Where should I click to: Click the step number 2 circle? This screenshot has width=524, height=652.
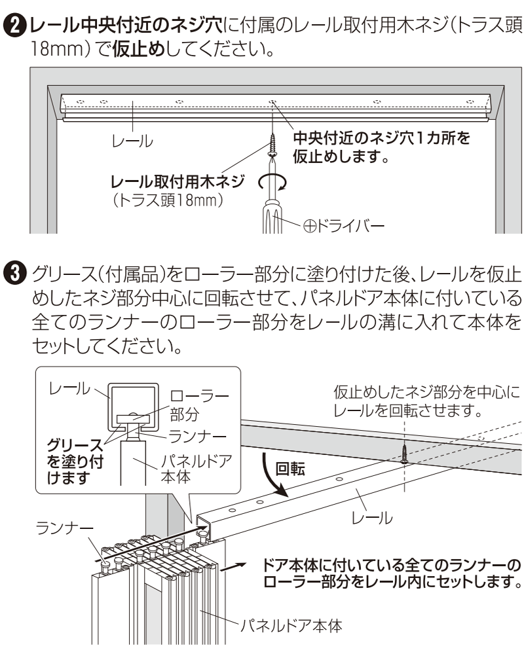coord(15,26)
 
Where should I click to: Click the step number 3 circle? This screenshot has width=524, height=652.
coord(15,274)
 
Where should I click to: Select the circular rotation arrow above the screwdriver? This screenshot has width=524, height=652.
coord(272,182)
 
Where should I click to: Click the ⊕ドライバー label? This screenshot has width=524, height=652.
coord(344,226)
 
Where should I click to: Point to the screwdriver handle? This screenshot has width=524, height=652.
coord(272,217)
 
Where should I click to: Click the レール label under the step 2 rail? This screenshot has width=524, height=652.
coord(132,141)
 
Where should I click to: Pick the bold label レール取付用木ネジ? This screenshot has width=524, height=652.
coord(178,182)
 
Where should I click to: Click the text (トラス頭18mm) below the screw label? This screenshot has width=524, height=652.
coord(168,200)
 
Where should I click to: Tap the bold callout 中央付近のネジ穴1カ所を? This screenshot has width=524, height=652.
coord(382,137)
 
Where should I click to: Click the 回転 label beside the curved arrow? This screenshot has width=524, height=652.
coord(291,469)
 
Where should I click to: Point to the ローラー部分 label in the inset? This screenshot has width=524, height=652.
coord(200,404)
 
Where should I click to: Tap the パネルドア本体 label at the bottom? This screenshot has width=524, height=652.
coord(291,625)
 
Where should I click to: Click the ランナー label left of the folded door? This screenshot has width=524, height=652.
coord(64,528)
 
